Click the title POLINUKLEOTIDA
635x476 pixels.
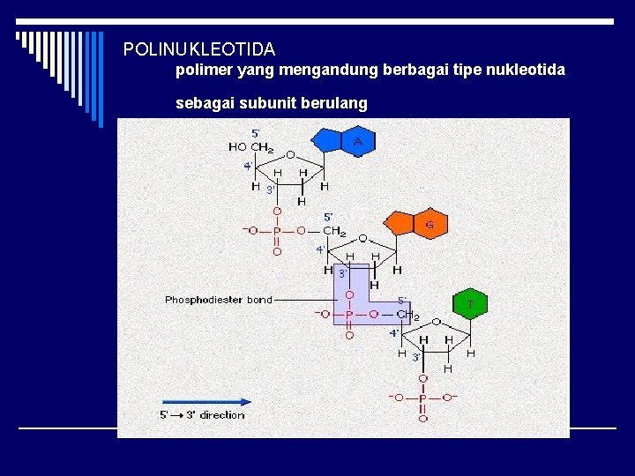[x=199, y=49]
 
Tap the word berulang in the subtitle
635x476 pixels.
[x=338, y=103]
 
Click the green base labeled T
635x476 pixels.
[x=471, y=305]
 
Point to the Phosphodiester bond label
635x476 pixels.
[x=219, y=300]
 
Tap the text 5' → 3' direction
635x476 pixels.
[x=202, y=414]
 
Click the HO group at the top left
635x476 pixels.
[x=237, y=147]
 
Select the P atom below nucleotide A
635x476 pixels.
[x=277, y=231]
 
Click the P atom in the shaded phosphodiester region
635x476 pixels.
[x=349, y=314]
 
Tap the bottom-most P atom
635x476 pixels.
[x=422, y=398]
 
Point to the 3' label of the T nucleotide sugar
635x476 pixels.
[x=416, y=357]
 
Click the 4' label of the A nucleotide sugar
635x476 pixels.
[x=249, y=165]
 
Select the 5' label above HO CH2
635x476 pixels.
[x=256, y=133]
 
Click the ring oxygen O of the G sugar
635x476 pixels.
[x=362, y=239]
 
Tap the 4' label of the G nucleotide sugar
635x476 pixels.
[x=321, y=249]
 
